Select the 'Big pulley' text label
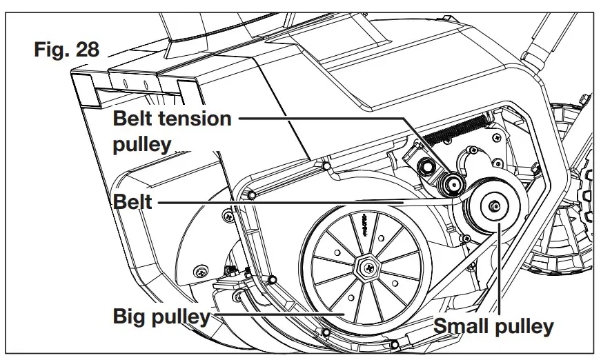(x=161, y=317)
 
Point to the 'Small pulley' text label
(x=493, y=326)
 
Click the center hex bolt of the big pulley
(x=365, y=265)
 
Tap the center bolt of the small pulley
(x=495, y=206)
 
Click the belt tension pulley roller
(x=453, y=183)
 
